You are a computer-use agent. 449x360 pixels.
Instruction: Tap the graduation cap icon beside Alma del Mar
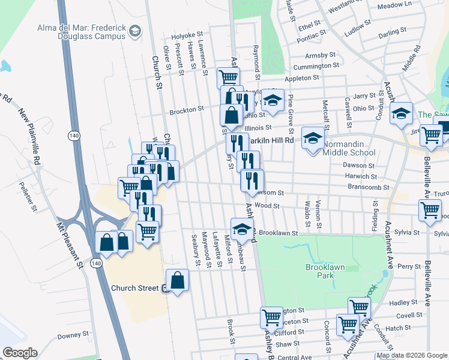[x=136, y=31]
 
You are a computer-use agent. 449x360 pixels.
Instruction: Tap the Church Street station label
[x=134, y=288]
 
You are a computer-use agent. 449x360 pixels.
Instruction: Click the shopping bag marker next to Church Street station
[x=178, y=280]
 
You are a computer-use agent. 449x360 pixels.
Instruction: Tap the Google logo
[x=20, y=353]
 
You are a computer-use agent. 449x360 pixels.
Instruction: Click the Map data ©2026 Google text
[x=411, y=355]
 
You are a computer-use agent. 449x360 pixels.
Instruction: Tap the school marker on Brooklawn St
[x=242, y=229]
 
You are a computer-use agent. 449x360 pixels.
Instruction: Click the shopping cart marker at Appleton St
[x=228, y=77]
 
